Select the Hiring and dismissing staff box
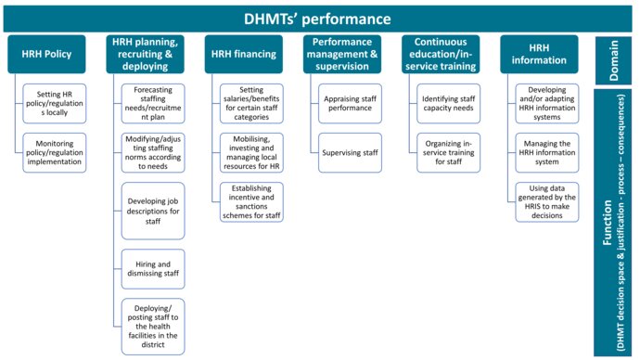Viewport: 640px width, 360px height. [153, 269]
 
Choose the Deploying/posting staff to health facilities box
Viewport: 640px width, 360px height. [153, 326]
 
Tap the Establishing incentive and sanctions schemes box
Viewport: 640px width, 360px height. [251, 202]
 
